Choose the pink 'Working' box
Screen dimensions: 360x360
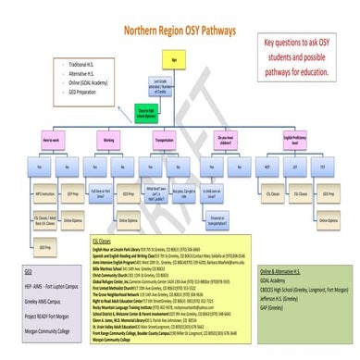pos(109,141)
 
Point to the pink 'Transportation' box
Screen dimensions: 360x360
pos(169,141)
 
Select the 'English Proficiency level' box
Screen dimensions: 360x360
pos(297,141)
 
